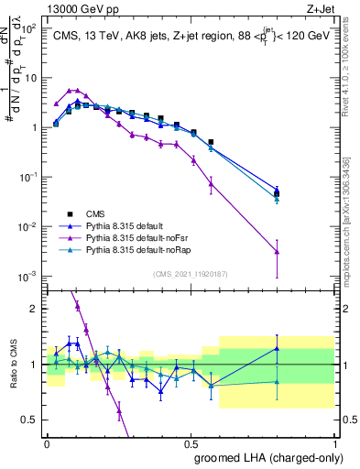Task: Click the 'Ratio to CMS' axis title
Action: (12, 365)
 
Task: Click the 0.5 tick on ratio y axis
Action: (30, 420)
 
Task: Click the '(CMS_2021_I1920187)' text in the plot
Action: (191, 273)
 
